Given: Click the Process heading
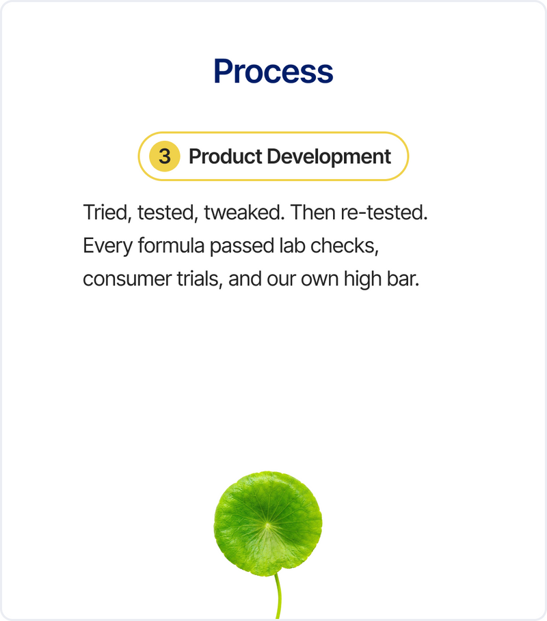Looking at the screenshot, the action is coord(273,71).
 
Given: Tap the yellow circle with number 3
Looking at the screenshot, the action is coord(165,156).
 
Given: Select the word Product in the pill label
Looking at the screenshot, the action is coord(225,156).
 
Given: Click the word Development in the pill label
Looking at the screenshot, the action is coord(329,156).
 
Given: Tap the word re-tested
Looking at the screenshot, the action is coord(384,212).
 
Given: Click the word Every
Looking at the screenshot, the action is coord(107,246).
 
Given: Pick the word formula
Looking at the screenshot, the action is coord(171,245).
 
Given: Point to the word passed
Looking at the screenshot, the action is coord(242,246).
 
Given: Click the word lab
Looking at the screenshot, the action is coord(292,245).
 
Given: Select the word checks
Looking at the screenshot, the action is coord(345,246).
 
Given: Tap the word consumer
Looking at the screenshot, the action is coord(127,279).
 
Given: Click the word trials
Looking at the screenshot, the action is coord(200,279).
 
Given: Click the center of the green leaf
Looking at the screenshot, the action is coord(268,524).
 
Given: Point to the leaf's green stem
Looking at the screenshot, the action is coord(278,597).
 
